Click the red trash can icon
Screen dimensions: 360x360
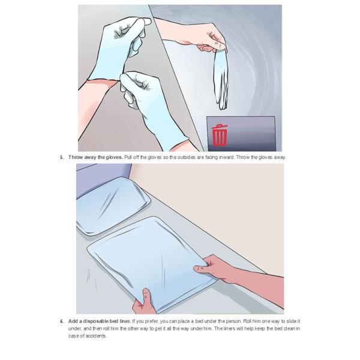point(220,135)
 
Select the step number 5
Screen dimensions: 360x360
point(62,157)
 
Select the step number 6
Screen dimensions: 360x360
point(62,322)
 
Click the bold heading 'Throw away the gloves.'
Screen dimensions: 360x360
point(95,157)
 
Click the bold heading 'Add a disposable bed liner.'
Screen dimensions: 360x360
point(100,321)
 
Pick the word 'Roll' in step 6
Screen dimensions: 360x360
point(247,321)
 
